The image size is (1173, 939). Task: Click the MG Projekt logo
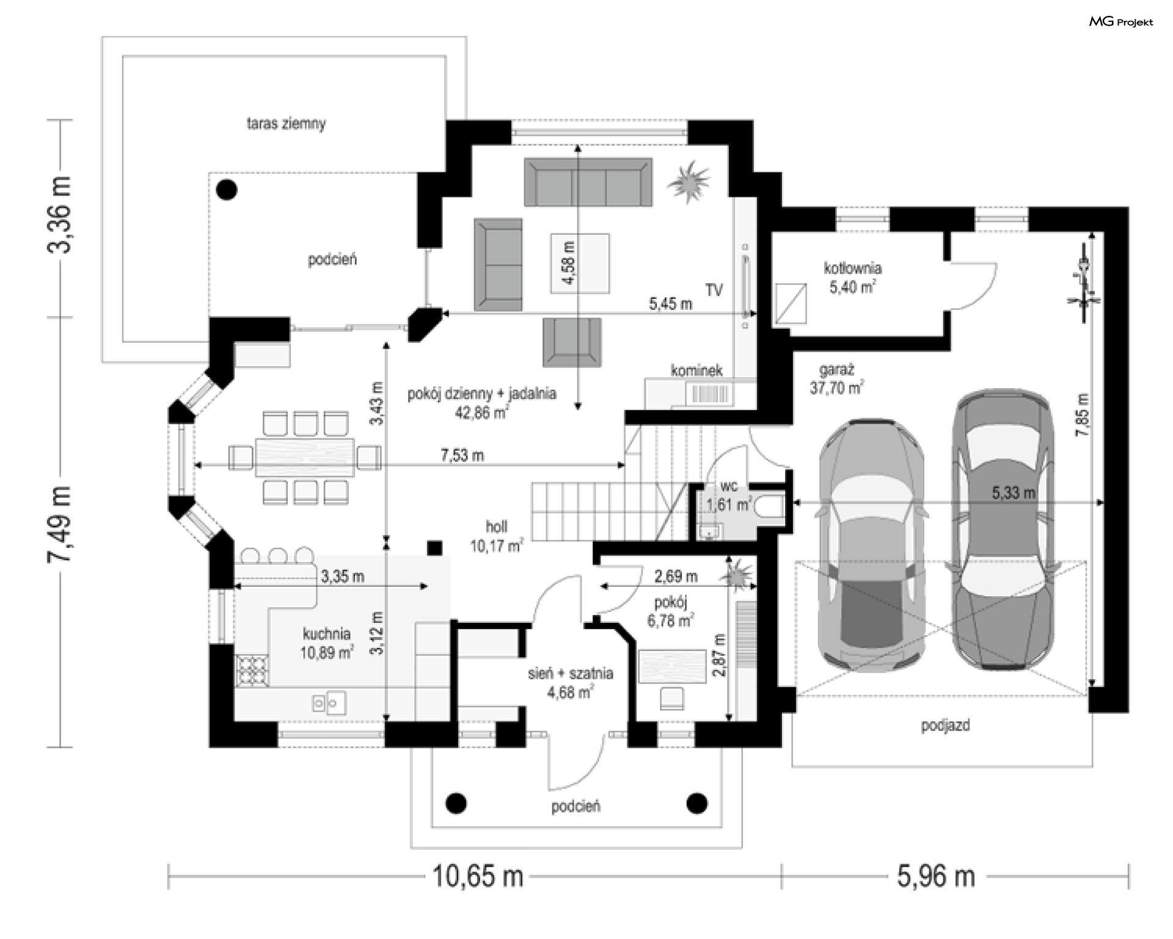tap(1121, 22)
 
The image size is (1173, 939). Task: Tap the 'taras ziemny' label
tap(286, 123)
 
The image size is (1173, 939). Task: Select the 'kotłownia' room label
tap(852, 268)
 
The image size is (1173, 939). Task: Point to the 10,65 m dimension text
tap(478, 876)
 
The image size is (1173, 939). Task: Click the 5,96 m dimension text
tap(936, 876)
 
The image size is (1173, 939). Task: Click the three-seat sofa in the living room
tap(588, 182)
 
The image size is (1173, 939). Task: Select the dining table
tap(305, 457)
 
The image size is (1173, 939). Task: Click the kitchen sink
tap(329, 703)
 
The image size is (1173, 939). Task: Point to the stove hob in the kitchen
tap(252, 671)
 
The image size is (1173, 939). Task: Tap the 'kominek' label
tap(696, 370)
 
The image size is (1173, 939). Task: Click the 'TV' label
tap(714, 290)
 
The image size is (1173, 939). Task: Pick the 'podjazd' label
tap(945, 726)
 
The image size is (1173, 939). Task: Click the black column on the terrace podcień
tap(227, 190)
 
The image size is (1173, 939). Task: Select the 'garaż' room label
tap(836, 370)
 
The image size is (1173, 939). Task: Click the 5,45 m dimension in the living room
tap(670, 304)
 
